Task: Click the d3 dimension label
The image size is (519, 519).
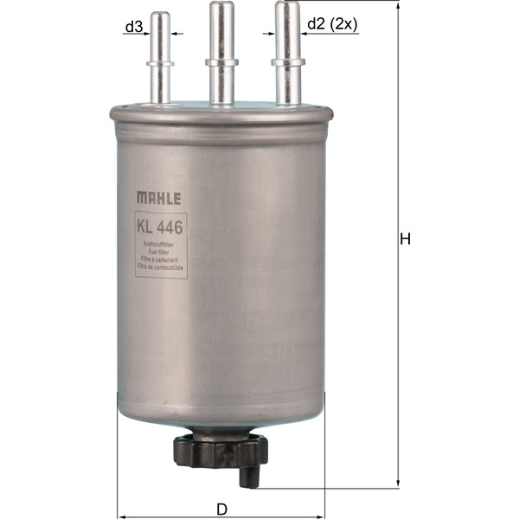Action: click(132, 28)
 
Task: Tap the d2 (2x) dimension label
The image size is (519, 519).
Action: click(332, 25)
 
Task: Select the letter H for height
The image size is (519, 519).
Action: click(404, 240)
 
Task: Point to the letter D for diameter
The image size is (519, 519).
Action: click(222, 509)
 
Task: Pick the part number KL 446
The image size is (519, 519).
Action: click(161, 228)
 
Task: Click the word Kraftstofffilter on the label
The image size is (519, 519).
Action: click(161, 246)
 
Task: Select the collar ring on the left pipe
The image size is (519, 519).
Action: click(161, 62)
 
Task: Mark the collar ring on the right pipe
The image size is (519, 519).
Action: click(287, 61)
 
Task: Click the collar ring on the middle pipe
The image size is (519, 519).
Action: click(221, 61)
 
